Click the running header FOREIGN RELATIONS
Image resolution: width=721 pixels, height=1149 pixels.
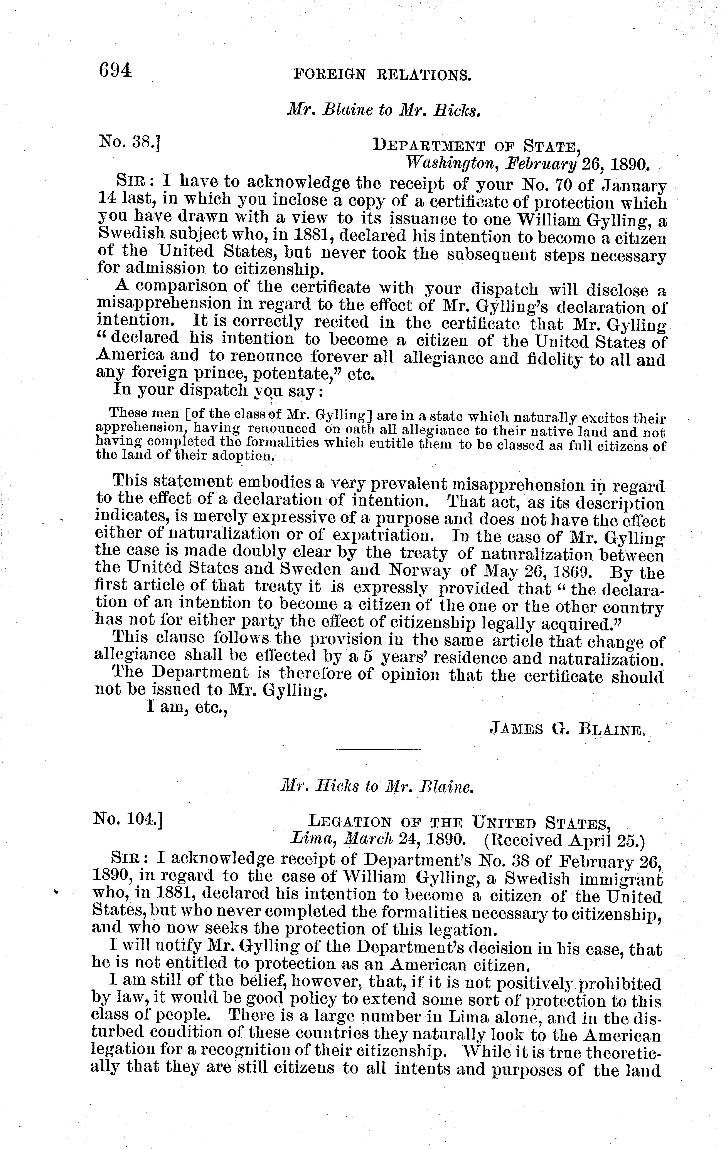(x=383, y=74)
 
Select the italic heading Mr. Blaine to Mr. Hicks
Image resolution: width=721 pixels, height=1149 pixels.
(x=383, y=111)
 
